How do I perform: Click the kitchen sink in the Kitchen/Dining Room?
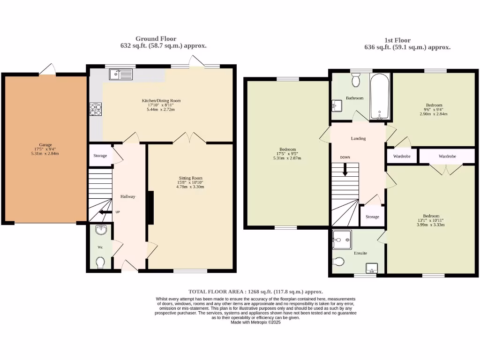[x=121, y=74]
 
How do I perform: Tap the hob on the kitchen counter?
[x=96, y=109]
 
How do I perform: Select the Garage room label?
[x=45, y=145]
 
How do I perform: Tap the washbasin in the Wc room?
[x=100, y=230]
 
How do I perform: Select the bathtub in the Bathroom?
[x=380, y=97]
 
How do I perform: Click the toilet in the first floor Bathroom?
[x=356, y=82]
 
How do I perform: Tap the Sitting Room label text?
[x=190, y=178]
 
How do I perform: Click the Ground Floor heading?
[x=156, y=38]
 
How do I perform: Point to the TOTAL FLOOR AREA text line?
[x=255, y=291]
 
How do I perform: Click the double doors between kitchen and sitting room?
[x=189, y=137]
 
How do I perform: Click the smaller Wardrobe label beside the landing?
[x=402, y=156]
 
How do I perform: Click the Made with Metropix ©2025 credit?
[x=255, y=322]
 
